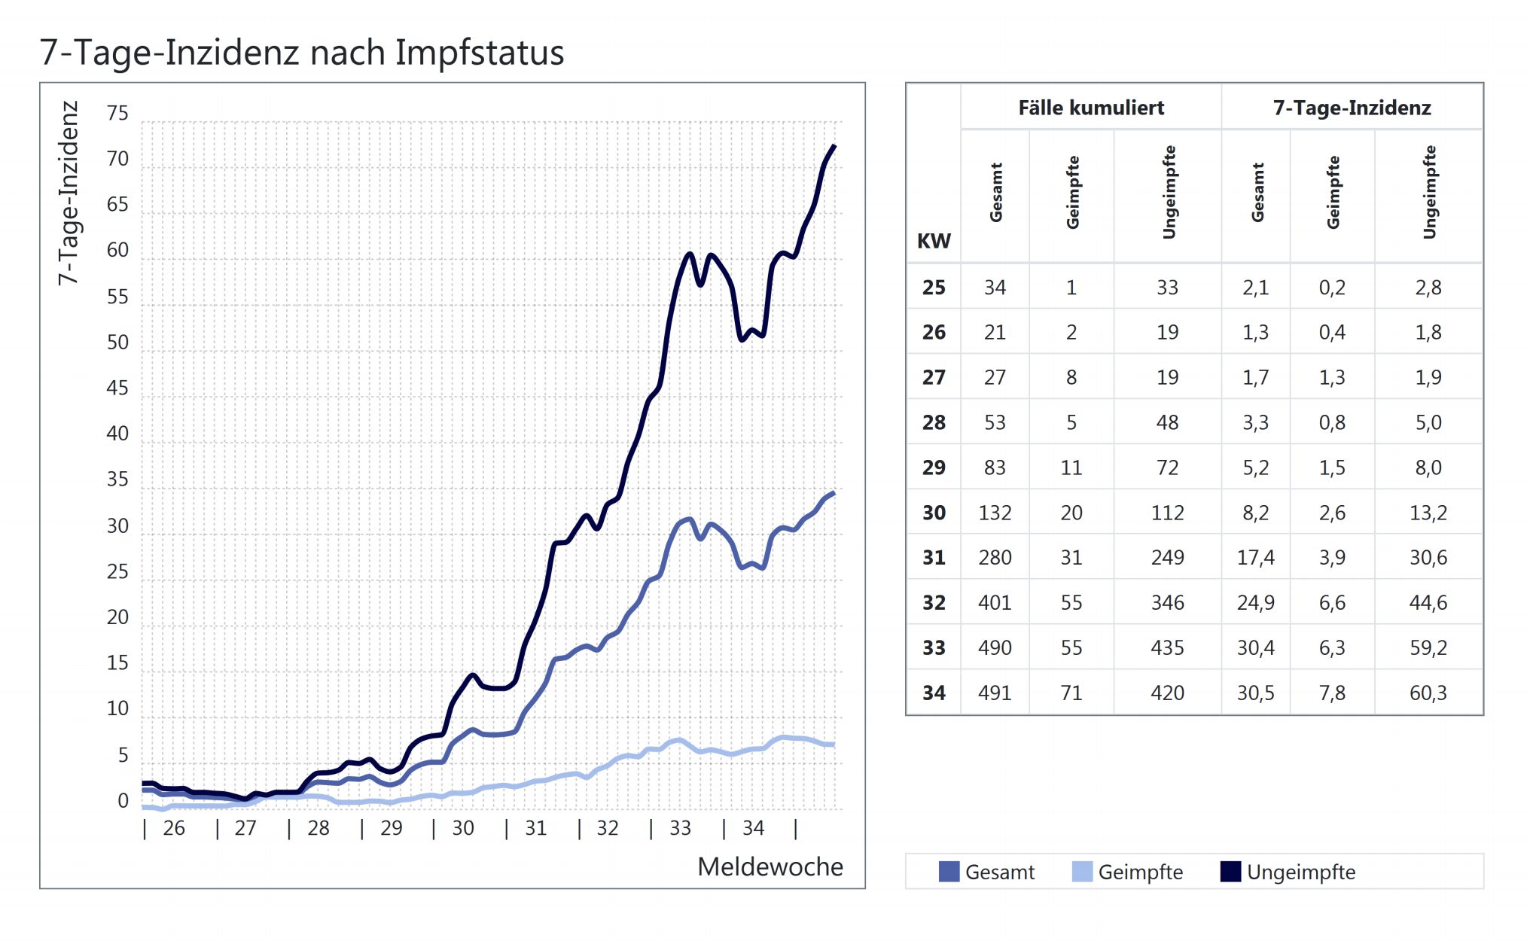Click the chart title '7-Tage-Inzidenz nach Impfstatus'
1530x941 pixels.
[301, 53]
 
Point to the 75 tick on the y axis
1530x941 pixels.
[117, 114]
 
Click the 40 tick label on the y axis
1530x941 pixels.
[117, 434]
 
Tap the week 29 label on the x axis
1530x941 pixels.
[391, 828]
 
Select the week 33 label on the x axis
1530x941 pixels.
[680, 828]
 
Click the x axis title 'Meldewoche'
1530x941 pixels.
[770, 866]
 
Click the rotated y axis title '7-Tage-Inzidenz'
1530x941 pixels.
[69, 193]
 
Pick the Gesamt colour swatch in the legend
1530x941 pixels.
[949, 872]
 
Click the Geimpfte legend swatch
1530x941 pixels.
[1081, 872]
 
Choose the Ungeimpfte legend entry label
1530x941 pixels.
[1300, 872]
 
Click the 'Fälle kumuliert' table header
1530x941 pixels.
[1091, 108]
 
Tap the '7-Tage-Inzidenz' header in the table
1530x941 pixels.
[1352, 108]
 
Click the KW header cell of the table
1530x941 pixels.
[934, 241]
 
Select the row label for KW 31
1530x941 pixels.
[934, 557]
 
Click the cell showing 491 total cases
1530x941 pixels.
[995, 693]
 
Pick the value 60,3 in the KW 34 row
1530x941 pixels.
[1428, 693]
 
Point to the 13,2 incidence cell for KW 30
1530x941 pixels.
[1428, 513]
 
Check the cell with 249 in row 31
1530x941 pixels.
[1167, 557]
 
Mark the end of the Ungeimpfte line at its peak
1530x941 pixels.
[834, 146]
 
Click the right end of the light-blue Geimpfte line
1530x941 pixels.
[833, 745]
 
